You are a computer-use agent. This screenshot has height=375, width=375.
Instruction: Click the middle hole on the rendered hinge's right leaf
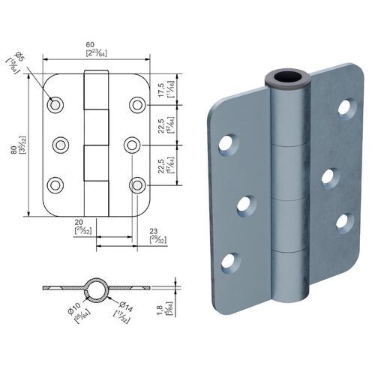click(x=328, y=176)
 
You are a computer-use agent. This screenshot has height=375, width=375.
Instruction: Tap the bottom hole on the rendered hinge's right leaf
click(x=343, y=220)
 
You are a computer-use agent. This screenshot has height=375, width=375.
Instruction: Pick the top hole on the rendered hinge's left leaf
click(x=227, y=144)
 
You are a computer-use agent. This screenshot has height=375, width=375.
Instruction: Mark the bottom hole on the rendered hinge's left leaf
click(x=230, y=261)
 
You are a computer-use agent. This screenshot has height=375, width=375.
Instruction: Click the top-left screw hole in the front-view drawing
click(x=55, y=105)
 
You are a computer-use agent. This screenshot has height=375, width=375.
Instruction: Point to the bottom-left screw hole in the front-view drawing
click(x=55, y=183)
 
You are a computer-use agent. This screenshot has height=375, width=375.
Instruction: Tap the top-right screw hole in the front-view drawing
click(x=136, y=105)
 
